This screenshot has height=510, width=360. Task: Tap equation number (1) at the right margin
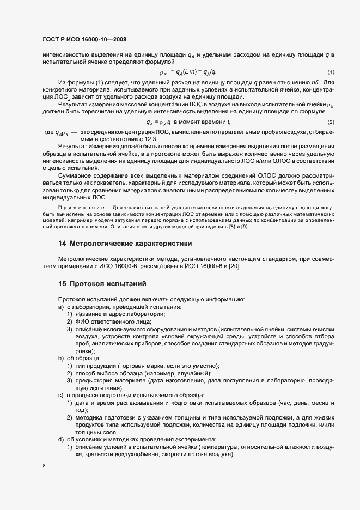pyautogui.click(x=330, y=72)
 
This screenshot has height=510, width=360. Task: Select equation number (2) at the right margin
pyautogui.click(x=330, y=122)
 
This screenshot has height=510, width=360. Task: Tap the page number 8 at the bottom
pyautogui.click(x=44, y=466)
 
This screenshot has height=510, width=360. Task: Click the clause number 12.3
pyautogui.click(x=146, y=139)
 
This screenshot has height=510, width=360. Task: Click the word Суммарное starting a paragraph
pyautogui.click(x=77, y=176)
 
